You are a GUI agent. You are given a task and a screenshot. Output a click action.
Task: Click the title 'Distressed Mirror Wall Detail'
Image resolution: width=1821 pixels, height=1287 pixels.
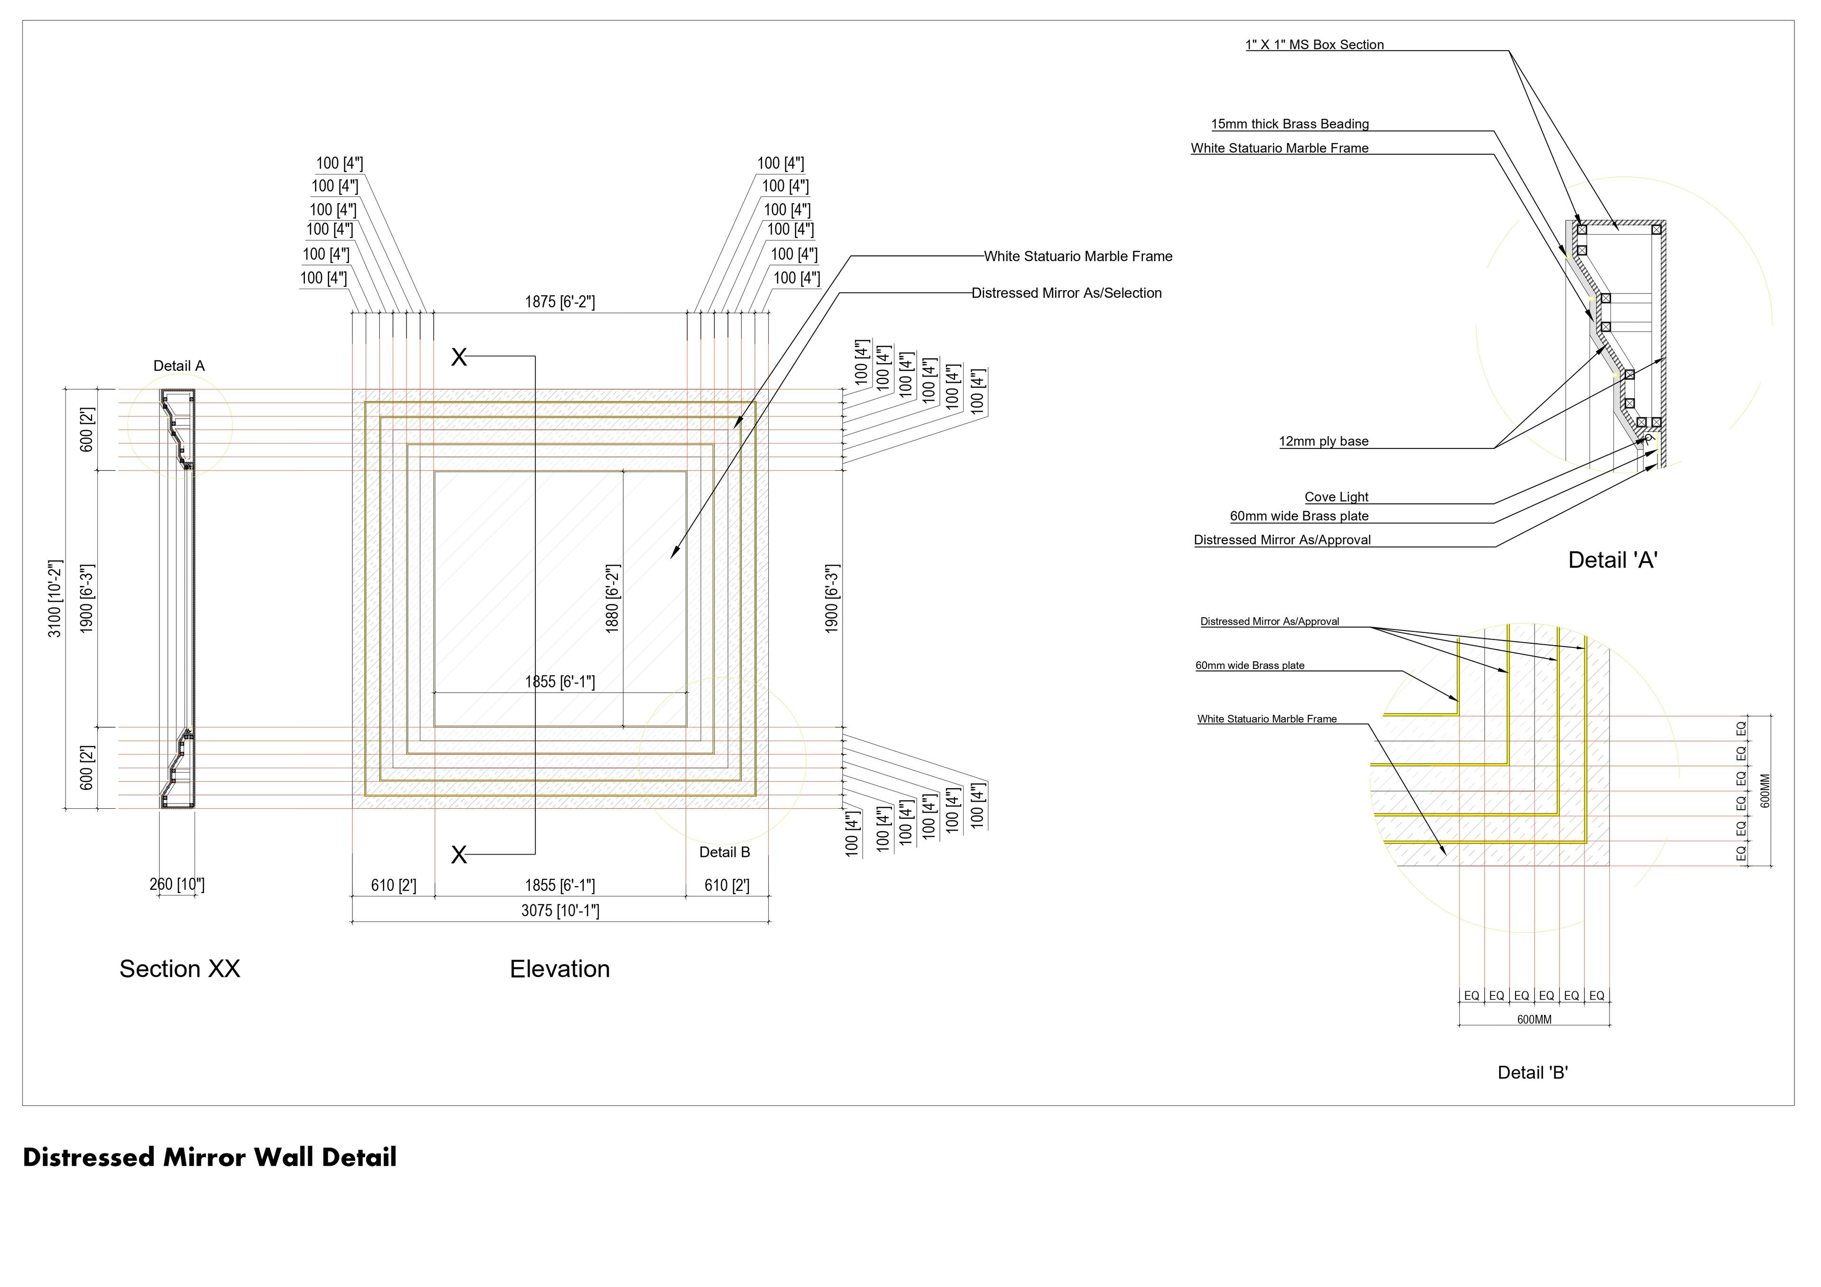(210, 1158)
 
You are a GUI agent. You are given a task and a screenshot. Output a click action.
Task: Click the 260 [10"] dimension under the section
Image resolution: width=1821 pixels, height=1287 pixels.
(177, 884)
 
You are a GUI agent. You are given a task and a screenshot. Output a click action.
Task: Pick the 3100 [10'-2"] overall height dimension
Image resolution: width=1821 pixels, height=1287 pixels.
(55, 599)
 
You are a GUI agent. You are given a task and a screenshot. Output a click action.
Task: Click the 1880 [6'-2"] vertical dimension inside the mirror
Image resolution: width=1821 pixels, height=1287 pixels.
(612, 599)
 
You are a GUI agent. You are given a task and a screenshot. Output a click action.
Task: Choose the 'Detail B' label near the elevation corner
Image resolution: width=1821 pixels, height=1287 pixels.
(724, 852)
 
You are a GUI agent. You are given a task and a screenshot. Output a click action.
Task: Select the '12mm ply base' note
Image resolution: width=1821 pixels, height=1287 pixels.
(1323, 442)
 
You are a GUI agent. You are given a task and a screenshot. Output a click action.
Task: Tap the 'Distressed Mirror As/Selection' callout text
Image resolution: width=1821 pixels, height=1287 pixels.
(1066, 293)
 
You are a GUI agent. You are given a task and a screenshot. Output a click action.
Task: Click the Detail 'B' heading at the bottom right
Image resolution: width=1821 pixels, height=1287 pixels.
(1532, 1073)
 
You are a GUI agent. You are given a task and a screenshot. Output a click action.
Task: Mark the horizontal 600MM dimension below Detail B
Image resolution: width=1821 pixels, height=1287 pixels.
(1534, 1020)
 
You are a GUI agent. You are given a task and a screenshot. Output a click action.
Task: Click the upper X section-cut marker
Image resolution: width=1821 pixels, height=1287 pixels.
(459, 357)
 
